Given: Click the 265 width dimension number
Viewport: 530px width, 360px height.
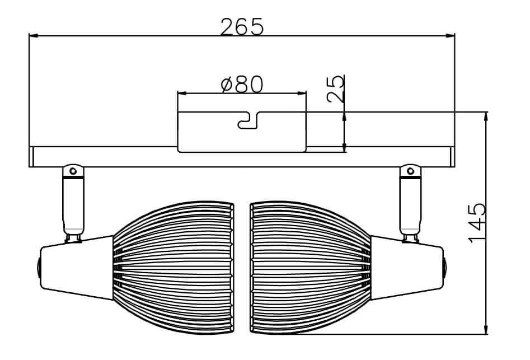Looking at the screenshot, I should click(241, 26).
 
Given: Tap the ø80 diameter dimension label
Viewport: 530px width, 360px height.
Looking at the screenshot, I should click(242, 85).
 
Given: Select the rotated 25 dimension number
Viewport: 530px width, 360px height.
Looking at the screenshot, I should click(335, 89).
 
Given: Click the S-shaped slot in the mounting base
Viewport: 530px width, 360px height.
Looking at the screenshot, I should click(247, 120).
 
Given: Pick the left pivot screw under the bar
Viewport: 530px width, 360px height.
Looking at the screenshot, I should click(72, 170).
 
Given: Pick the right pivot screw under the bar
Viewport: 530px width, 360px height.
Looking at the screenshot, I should click(410, 170).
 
